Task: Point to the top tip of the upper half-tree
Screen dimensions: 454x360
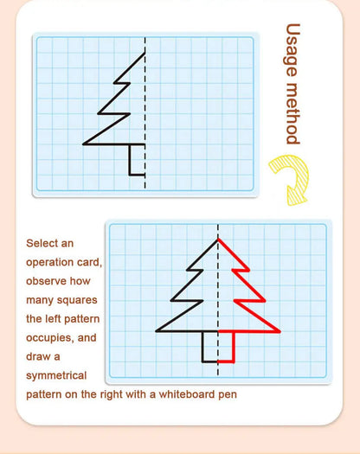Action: [145, 54]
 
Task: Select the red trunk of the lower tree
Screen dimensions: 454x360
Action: [228, 347]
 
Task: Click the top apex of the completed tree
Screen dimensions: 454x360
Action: [217, 238]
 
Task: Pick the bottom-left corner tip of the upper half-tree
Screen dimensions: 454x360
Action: [85, 144]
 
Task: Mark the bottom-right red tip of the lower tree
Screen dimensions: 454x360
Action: [280, 331]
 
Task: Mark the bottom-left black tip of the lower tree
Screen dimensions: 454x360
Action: [157, 331]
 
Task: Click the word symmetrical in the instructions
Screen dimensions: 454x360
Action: [56, 375]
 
